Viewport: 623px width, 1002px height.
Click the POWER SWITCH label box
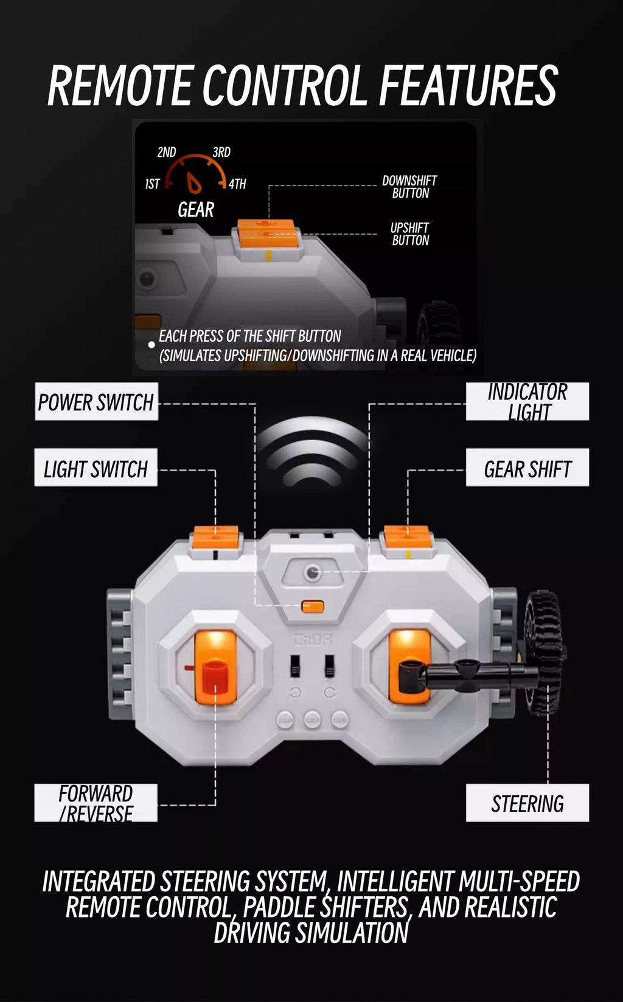click(x=97, y=401)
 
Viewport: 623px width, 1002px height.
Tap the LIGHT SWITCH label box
click(x=96, y=468)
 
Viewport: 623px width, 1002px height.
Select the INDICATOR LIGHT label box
click(x=527, y=401)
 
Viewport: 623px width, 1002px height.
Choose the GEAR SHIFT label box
click(x=527, y=468)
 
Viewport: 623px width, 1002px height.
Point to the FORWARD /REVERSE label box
click(x=96, y=803)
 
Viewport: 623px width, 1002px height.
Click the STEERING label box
click(x=527, y=803)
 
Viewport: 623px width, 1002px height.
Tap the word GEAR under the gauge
click(x=196, y=209)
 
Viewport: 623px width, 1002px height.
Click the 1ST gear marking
click(x=152, y=184)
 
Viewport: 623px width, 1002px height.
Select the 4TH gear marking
click(x=237, y=184)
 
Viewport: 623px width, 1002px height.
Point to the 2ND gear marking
click(x=167, y=152)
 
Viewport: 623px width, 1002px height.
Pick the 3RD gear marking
click(x=221, y=152)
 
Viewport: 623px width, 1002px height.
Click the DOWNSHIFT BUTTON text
click(x=409, y=187)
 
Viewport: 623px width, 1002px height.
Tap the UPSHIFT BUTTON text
click(x=409, y=234)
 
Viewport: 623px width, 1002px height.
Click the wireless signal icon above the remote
click(x=312, y=451)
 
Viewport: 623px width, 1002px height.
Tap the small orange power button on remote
click(x=313, y=607)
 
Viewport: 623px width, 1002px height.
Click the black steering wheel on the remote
click(x=544, y=653)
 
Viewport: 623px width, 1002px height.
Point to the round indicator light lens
click(x=312, y=573)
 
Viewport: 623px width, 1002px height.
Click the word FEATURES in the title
click(x=468, y=85)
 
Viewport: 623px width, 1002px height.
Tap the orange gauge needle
click(x=194, y=182)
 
